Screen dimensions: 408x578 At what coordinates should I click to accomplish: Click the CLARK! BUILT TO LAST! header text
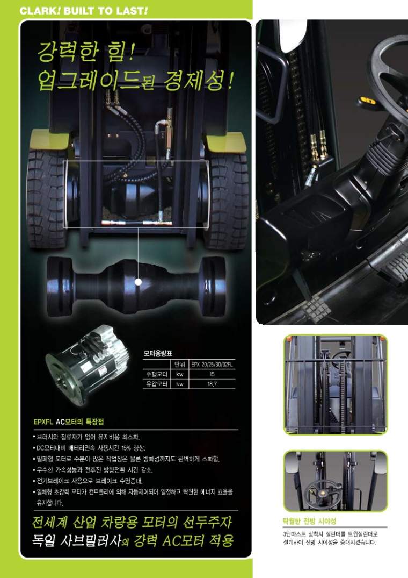click(84, 11)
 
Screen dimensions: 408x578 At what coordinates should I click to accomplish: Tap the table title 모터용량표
click(158, 353)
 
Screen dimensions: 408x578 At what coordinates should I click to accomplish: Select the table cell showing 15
click(212, 374)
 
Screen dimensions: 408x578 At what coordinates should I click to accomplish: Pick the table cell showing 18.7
click(212, 384)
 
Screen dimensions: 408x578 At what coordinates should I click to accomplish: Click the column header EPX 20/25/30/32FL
click(212, 365)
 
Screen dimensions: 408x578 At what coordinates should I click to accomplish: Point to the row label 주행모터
click(157, 374)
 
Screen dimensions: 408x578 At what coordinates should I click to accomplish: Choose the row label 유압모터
click(157, 384)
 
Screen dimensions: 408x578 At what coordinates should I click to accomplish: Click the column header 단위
click(179, 365)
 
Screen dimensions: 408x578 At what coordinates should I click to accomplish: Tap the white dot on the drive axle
click(139, 282)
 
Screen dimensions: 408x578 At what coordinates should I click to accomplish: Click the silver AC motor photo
click(88, 365)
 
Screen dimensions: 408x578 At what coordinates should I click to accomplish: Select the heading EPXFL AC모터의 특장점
click(68, 422)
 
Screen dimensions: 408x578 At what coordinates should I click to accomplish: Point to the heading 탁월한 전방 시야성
click(309, 521)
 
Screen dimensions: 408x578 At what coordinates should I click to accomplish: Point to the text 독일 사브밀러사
click(77, 540)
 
